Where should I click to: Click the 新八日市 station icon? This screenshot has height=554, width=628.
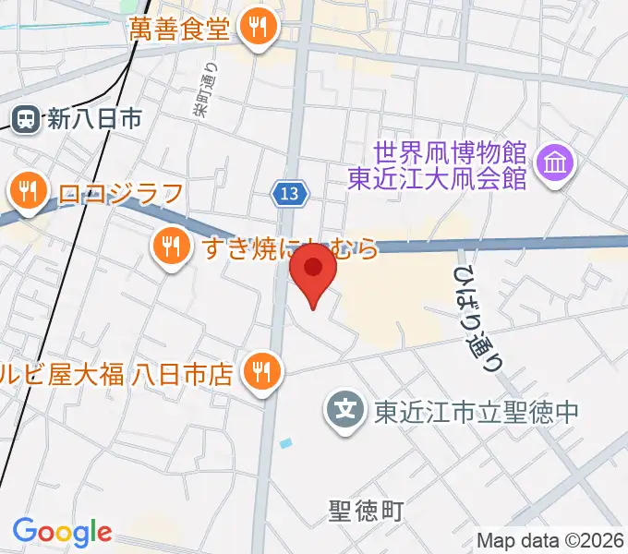click(26, 118)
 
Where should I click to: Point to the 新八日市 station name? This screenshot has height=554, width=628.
click(95, 118)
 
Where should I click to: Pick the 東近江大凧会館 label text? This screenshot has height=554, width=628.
click(437, 177)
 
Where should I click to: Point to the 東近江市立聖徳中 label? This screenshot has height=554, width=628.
click(476, 409)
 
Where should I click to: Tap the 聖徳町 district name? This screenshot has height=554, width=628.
click(366, 510)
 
